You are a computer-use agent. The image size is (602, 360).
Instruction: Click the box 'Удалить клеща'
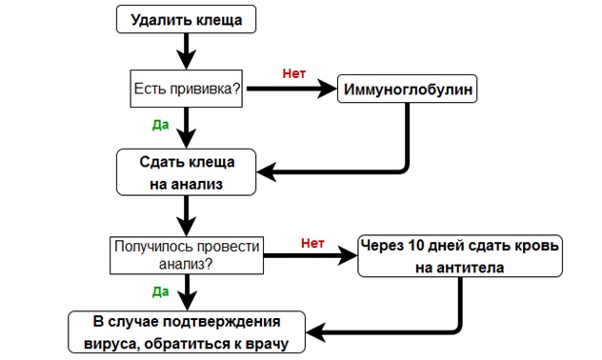coord(186,19)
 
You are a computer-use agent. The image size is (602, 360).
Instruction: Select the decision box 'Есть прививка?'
coord(186,89)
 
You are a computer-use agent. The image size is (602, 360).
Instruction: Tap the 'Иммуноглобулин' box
coord(408,89)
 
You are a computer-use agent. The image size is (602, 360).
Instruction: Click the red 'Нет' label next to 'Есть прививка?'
coord(294,73)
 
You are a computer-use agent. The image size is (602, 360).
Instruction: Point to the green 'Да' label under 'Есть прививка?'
coord(160,125)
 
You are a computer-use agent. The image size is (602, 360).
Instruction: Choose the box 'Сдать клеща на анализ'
coord(186,172)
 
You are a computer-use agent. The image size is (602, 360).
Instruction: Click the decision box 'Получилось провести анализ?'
coord(187,255)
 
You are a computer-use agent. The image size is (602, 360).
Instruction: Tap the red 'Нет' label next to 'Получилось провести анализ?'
coord(312,243)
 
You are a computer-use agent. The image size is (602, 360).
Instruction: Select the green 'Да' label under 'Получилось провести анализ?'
coord(160,291)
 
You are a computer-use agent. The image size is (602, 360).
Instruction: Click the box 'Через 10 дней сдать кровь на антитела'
coord(460,256)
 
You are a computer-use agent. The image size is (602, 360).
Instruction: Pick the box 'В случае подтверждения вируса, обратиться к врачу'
coord(187,332)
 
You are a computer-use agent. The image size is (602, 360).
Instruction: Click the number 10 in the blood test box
coord(415,246)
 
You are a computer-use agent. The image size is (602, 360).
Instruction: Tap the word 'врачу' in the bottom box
coord(267,344)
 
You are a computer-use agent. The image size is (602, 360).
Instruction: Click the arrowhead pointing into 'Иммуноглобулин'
coord(327,89)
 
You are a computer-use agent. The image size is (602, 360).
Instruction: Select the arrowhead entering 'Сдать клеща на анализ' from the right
coord(267,172)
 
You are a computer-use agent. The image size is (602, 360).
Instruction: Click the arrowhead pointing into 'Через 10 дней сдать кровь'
coord(348,255)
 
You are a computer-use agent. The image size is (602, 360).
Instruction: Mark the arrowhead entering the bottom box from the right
coord(315,332)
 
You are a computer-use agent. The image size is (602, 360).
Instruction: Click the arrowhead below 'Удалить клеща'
coord(186,60)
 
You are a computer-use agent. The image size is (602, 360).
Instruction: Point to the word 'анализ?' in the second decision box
coord(186,264)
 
